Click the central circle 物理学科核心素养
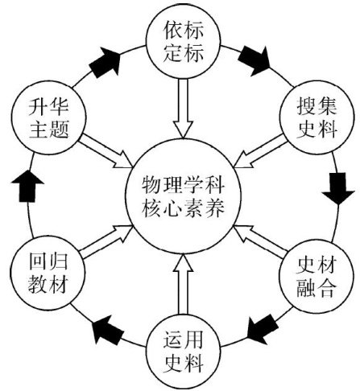[183, 196]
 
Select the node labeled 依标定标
[184, 42]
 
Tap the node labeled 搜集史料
[317, 117]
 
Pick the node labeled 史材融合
[317, 277]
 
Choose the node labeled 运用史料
[184, 352]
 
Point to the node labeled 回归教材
[48, 273]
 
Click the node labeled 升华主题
[49, 117]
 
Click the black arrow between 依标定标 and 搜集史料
[254, 60]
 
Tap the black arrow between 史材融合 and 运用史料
[263, 330]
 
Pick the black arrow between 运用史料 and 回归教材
[107, 330]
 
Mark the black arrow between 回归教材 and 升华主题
[27, 186]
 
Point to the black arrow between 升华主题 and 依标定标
[105, 62]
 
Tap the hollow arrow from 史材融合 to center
[261, 241]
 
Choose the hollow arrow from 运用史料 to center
[183, 284]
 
